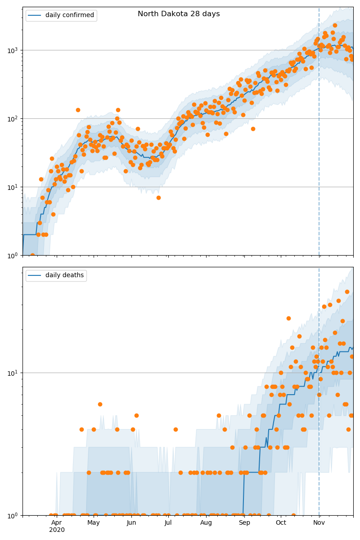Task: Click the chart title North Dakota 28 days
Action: (179, 14)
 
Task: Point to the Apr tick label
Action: (57, 522)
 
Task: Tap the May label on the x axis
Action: (94, 522)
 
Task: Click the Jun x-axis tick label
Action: (131, 522)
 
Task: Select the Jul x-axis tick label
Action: (168, 522)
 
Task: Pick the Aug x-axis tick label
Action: (206, 522)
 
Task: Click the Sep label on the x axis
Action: (244, 522)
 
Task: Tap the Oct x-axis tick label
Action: (281, 522)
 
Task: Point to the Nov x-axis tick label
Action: (319, 522)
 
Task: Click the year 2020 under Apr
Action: (57, 530)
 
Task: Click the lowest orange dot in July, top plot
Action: (158, 198)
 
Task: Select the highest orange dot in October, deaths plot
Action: (288, 318)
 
